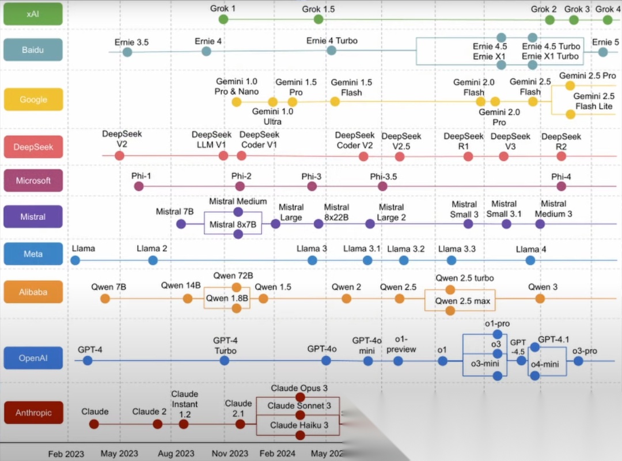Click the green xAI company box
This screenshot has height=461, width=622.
[x=33, y=14]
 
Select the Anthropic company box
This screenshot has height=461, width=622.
[x=33, y=413]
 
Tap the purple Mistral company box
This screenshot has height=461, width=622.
[x=33, y=217]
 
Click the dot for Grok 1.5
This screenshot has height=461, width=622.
[x=318, y=20]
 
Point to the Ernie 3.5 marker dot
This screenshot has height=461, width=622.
[x=127, y=52]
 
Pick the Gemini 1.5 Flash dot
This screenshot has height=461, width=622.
[x=335, y=102]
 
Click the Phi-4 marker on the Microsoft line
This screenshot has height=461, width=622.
[x=561, y=186]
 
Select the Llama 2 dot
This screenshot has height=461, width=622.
[x=153, y=260]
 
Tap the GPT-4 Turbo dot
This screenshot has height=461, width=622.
[x=225, y=360]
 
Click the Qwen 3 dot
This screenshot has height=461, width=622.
[x=540, y=298]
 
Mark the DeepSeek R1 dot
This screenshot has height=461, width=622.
[x=464, y=156]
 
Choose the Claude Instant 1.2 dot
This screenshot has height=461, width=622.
[x=184, y=424]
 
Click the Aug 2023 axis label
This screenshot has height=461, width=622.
[x=176, y=454]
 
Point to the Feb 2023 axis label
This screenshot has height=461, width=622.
[x=66, y=454]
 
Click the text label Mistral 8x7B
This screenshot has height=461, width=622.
[x=233, y=224]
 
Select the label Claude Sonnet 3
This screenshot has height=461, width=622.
[x=299, y=406]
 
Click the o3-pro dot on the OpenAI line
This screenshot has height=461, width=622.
[x=578, y=361]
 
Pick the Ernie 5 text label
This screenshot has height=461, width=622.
[x=605, y=42]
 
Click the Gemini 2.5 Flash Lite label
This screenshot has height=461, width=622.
[x=594, y=101]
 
